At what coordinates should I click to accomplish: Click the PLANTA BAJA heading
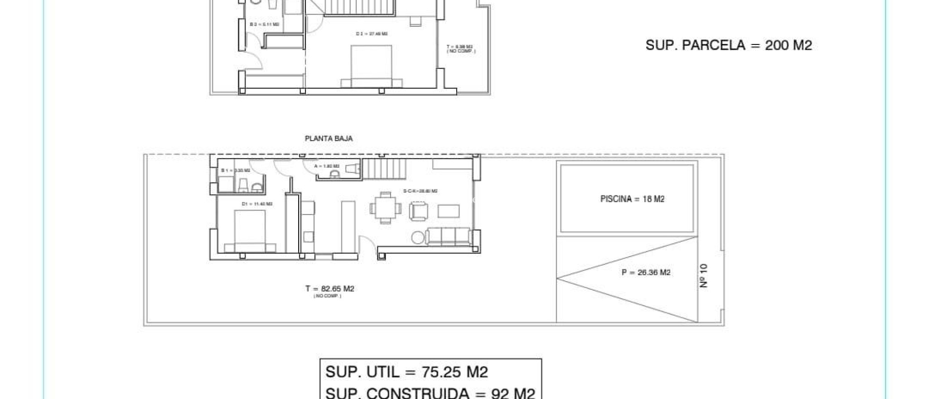[x=329, y=139]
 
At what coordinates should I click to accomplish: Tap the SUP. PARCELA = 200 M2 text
[x=728, y=45]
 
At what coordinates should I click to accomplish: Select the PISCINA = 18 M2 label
[x=632, y=199]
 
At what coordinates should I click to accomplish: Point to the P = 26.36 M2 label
[x=646, y=272]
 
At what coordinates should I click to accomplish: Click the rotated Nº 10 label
[x=703, y=276]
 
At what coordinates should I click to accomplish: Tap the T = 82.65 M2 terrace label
[x=329, y=289]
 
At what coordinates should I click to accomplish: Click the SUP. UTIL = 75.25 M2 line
[x=406, y=372]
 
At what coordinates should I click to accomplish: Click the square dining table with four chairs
[x=386, y=208]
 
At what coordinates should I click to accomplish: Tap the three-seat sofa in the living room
[x=448, y=237]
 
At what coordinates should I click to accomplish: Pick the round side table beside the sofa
[x=418, y=238]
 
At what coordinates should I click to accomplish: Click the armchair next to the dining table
[x=418, y=211]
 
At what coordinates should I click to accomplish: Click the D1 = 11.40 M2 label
[x=257, y=204]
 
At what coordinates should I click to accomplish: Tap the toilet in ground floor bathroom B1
[x=243, y=185]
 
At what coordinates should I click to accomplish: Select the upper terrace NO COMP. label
[x=461, y=51]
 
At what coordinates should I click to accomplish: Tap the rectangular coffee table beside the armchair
[x=448, y=211]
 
